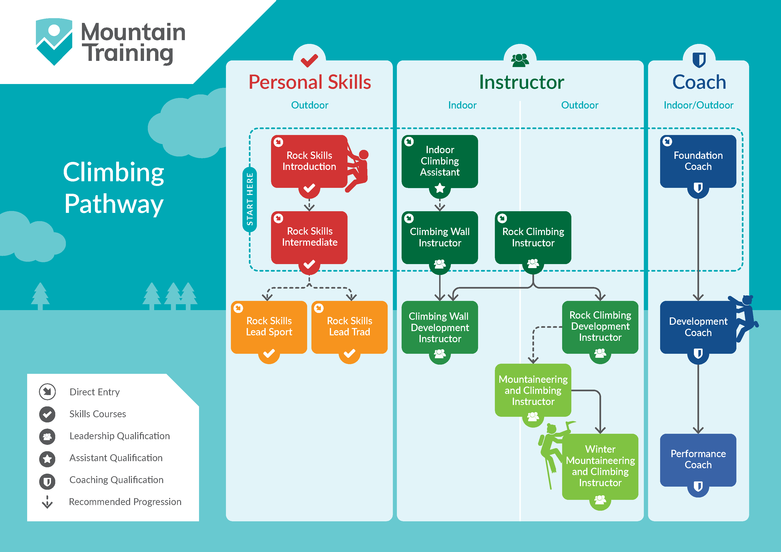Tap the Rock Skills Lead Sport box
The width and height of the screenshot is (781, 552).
click(x=269, y=327)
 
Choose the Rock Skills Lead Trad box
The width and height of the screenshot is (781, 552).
click(x=349, y=327)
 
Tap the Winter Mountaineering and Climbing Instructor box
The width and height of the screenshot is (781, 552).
click(x=600, y=467)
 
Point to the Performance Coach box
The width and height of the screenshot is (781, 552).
click(x=698, y=460)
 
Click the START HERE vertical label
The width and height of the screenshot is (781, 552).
click(x=250, y=199)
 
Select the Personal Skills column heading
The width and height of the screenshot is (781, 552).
click(x=310, y=82)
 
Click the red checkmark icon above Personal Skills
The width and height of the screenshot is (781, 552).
click(x=309, y=61)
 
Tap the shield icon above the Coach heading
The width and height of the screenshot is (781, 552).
click(x=699, y=60)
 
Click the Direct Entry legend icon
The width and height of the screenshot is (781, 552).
click(x=47, y=392)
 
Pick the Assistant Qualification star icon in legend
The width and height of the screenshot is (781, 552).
click(x=47, y=459)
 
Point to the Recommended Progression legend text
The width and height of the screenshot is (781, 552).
click(x=125, y=502)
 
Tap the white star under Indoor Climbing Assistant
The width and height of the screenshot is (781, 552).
click(x=440, y=188)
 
